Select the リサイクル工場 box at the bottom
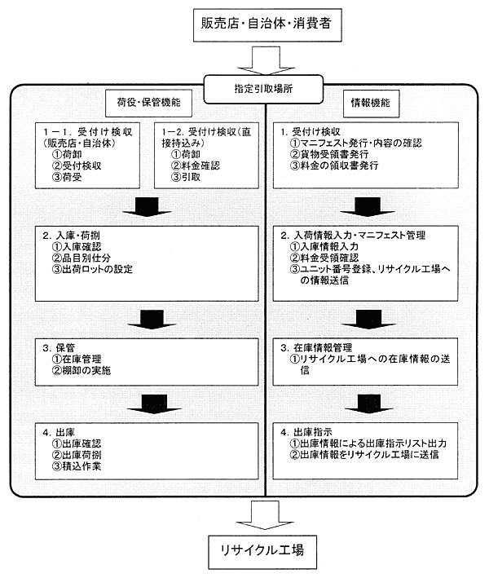coord(262,549)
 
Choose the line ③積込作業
coord(81,469)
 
